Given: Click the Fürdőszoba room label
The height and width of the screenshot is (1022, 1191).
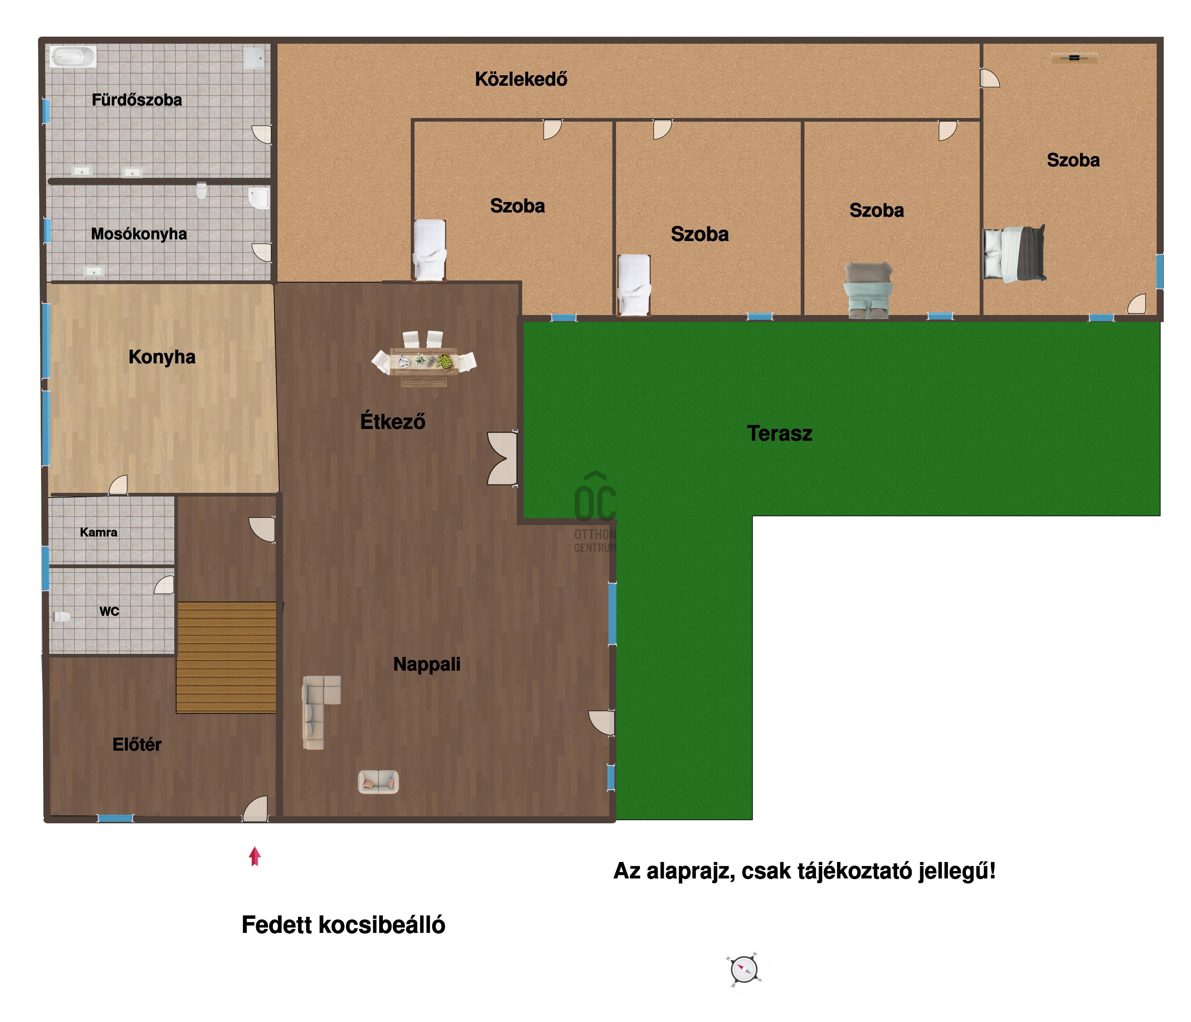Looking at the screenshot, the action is (137, 100).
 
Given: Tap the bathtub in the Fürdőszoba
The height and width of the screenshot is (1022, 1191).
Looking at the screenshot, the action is (73, 57).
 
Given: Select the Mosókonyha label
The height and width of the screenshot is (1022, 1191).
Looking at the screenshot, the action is (139, 234).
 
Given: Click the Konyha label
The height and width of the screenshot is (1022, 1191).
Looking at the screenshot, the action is (162, 357).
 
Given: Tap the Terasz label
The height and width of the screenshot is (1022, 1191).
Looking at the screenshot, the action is (780, 433).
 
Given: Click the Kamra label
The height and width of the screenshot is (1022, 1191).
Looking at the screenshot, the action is (99, 532).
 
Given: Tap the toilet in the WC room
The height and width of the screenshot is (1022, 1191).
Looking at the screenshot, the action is (62, 617).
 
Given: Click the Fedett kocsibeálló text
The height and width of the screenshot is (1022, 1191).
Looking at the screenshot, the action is (343, 925).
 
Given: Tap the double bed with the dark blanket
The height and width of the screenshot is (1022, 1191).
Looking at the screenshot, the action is (1014, 253).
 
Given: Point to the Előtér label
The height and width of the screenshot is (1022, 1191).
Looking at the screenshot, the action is (137, 745).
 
